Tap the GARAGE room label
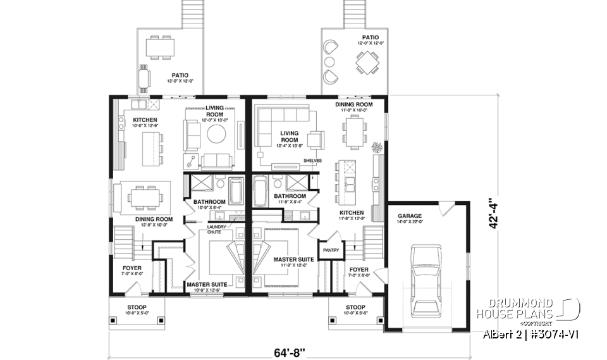[410, 216]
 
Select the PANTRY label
[331, 250]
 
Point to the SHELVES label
[312, 161]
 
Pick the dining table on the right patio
[366, 63]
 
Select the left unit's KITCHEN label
[145, 120]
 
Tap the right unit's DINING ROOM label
[353, 104]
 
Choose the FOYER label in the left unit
[132, 268]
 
